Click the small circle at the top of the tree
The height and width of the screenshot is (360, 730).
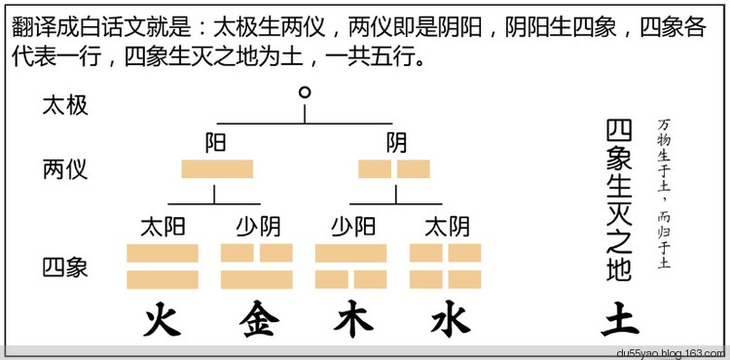[306, 93]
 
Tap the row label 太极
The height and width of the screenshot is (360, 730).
[65, 105]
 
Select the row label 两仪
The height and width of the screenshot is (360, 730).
[65, 169]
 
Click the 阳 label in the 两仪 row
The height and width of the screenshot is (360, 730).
[216, 144]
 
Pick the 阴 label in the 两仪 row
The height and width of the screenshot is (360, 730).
[396, 144]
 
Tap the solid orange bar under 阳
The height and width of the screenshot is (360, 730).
[217, 169]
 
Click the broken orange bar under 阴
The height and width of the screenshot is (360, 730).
[394, 169]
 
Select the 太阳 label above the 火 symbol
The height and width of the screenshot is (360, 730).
[163, 228]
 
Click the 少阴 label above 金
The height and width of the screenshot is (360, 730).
[257, 228]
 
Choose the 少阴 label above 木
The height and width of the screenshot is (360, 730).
[352, 228]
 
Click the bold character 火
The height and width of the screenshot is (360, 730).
[163, 319]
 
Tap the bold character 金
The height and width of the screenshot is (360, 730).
[257, 319]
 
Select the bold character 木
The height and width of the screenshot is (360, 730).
[352, 319]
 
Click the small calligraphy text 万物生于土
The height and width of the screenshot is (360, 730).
[665, 156]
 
